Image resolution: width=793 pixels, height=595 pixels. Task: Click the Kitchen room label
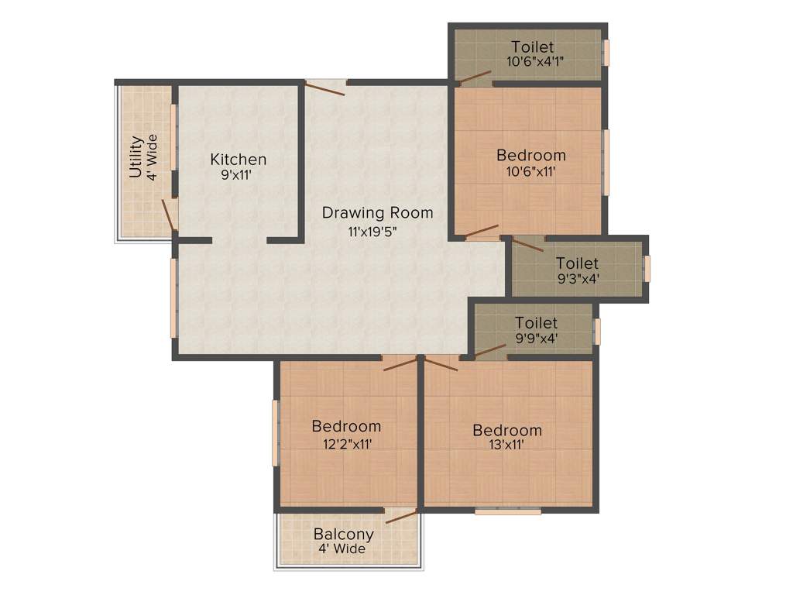(239, 160)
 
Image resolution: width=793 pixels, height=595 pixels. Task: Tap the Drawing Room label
(377, 212)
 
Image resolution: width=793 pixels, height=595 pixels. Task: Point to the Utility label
(136, 157)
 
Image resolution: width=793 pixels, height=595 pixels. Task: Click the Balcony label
(343, 535)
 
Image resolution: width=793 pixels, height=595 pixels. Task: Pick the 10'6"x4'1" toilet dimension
(529, 62)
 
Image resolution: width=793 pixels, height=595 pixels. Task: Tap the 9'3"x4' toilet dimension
(577, 280)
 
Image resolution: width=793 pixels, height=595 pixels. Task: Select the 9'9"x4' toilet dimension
(537, 338)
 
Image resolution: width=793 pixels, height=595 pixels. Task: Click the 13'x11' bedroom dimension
(507, 446)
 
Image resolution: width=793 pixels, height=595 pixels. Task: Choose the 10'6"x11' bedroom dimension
(530, 172)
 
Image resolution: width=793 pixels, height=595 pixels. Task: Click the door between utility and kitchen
(169, 214)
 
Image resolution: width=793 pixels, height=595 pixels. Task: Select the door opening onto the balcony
(401, 516)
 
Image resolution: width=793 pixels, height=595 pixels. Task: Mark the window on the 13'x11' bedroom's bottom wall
(508, 511)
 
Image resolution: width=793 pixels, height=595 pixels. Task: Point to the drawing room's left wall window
(173, 297)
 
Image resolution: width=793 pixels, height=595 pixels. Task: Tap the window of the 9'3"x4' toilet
(647, 269)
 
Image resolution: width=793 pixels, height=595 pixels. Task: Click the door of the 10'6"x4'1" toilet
(474, 77)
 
